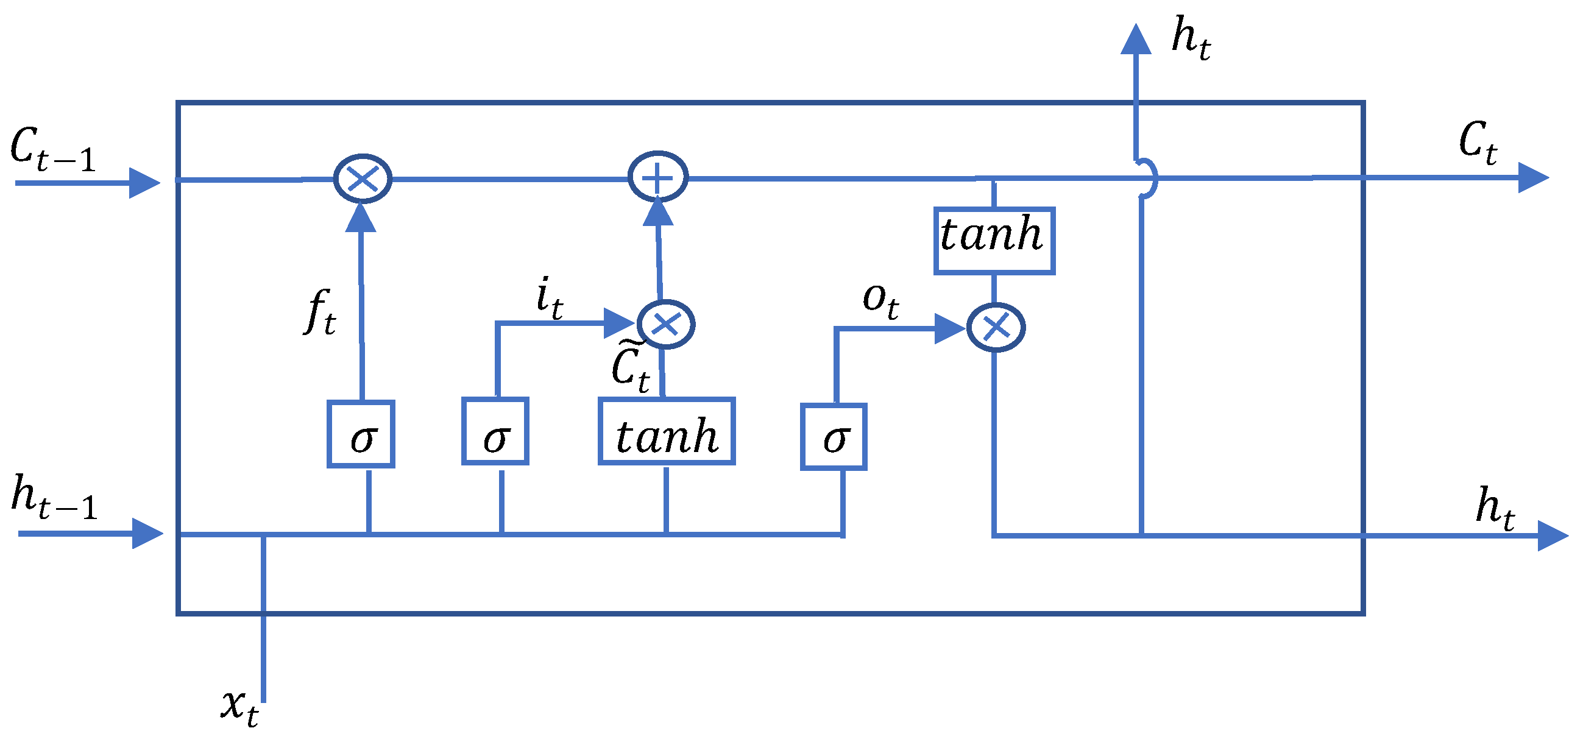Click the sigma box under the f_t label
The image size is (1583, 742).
[x=361, y=434]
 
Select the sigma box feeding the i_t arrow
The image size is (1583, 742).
[x=495, y=431]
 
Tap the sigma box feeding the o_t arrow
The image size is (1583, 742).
[x=834, y=437]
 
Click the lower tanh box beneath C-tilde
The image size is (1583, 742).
[x=667, y=431]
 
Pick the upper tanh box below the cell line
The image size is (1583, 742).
[x=994, y=241]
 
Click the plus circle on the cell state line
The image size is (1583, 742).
[x=657, y=176]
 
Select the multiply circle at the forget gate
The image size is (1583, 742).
[x=363, y=178]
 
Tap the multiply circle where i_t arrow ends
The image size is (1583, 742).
[x=665, y=324]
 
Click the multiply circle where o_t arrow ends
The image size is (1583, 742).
[x=996, y=327]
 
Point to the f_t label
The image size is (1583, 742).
[x=320, y=311]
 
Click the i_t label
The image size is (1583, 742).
[x=549, y=297]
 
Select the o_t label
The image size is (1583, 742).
[x=880, y=301]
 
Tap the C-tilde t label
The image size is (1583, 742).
[x=630, y=366]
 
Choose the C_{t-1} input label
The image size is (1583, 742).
[x=54, y=149]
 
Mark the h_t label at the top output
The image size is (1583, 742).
[x=1191, y=38]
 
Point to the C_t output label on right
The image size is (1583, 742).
[x=1478, y=143]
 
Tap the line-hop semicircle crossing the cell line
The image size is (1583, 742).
[x=1149, y=178]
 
